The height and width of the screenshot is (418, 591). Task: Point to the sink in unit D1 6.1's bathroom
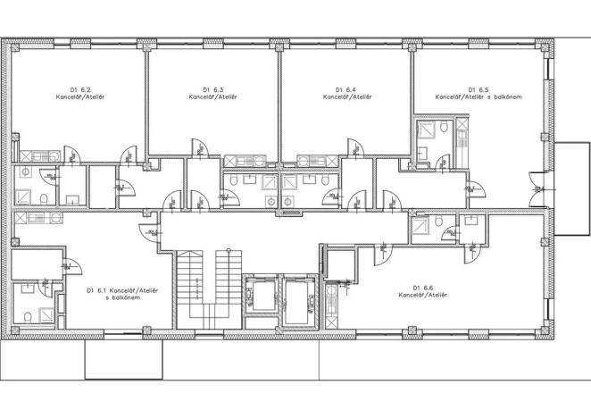point(27,288)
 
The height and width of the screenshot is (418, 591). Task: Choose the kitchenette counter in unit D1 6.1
point(39,217)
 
